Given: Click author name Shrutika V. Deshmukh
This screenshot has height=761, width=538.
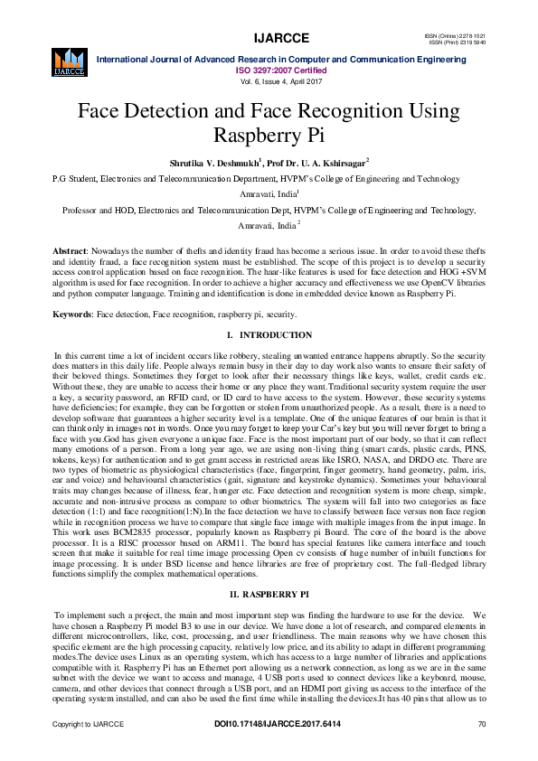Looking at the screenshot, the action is (213, 164).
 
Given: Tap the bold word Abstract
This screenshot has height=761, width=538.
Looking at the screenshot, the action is (69, 249).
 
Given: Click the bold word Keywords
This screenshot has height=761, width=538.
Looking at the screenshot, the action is (72, 314).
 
